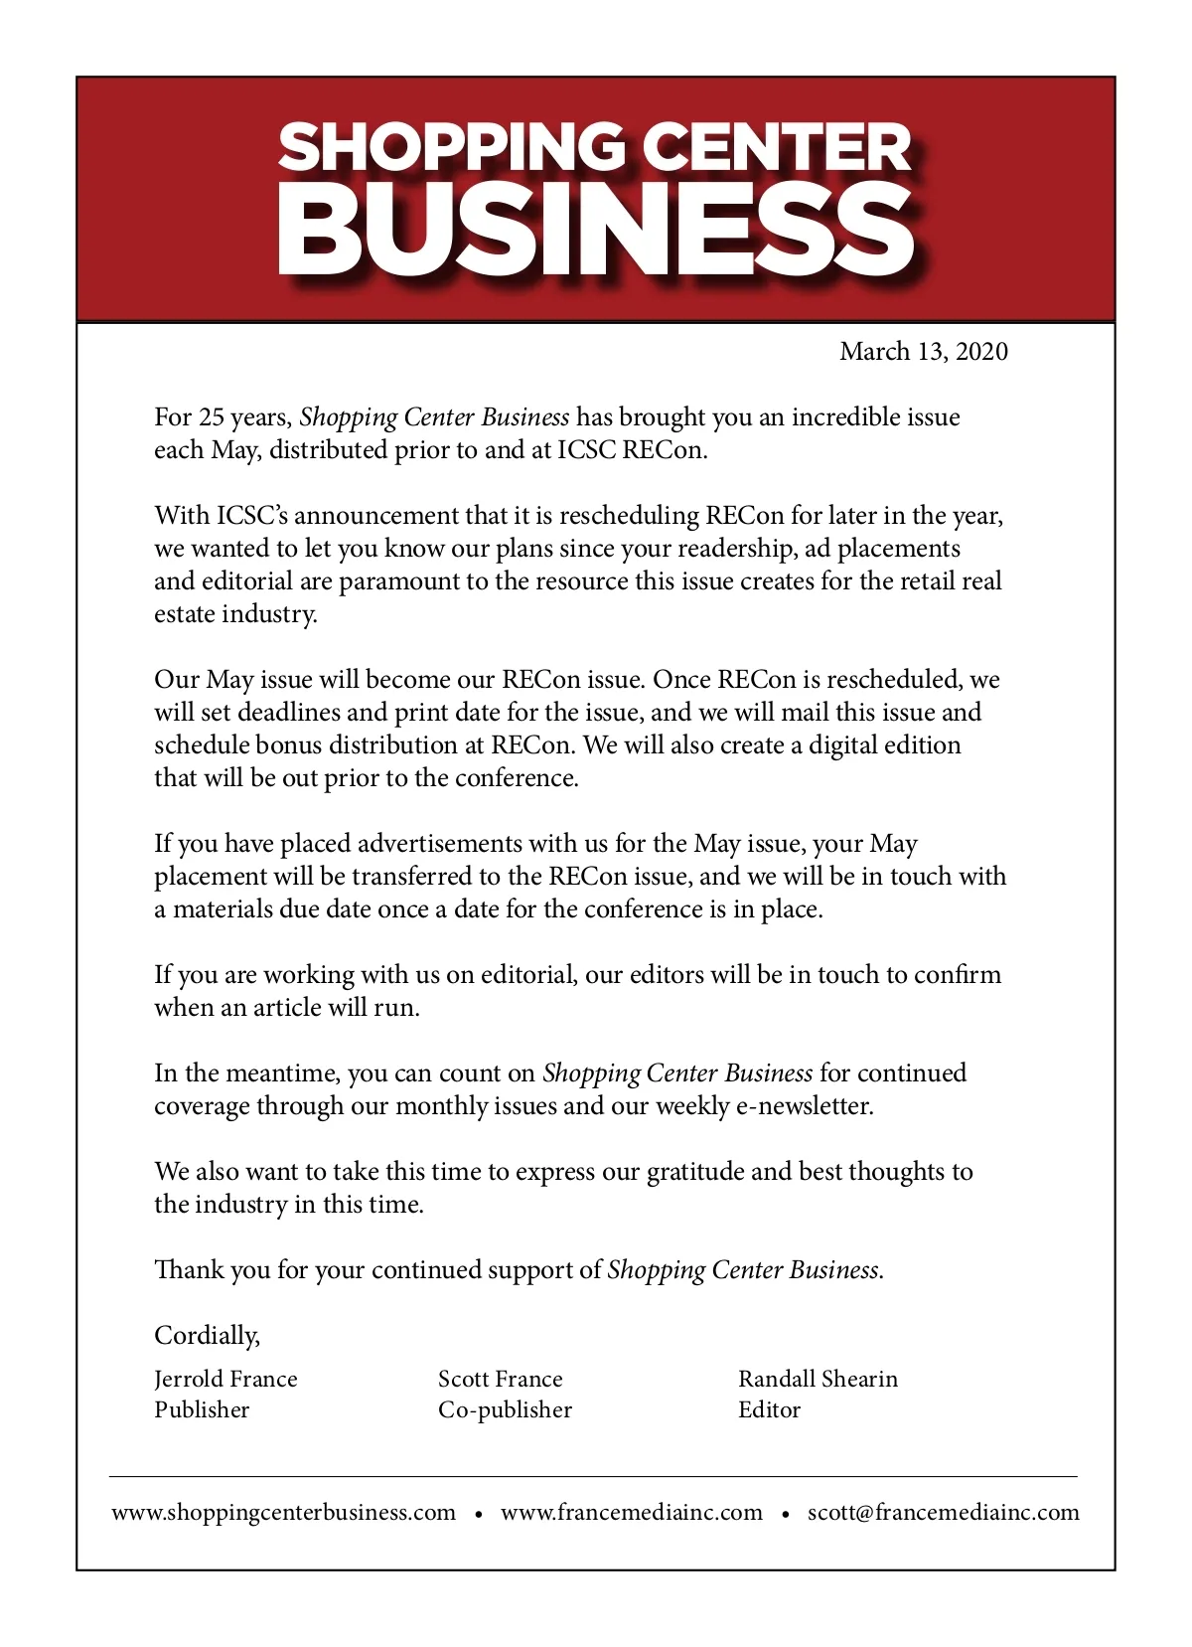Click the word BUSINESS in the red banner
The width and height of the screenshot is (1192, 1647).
pos(596,231)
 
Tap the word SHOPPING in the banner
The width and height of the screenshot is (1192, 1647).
pos(452,147)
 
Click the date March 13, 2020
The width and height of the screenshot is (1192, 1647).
pos(923,352)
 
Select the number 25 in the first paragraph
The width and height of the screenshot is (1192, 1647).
pos(212,417)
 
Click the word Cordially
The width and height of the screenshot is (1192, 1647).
pos(207,1335)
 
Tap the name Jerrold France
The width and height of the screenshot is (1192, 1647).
pos(225,1379)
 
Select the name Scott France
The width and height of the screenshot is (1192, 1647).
pos(500,1379)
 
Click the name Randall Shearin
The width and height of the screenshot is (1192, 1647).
pos(818,1379)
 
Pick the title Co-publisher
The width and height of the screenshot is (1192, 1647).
pos(505,1409)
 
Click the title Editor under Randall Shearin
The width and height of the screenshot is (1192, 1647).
pos(769,1409)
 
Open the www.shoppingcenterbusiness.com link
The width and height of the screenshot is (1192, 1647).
pos(283,1512)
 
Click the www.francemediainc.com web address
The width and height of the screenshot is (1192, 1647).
pos(632,1512)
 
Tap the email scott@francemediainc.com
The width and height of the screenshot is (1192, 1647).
pos(943,1512)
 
